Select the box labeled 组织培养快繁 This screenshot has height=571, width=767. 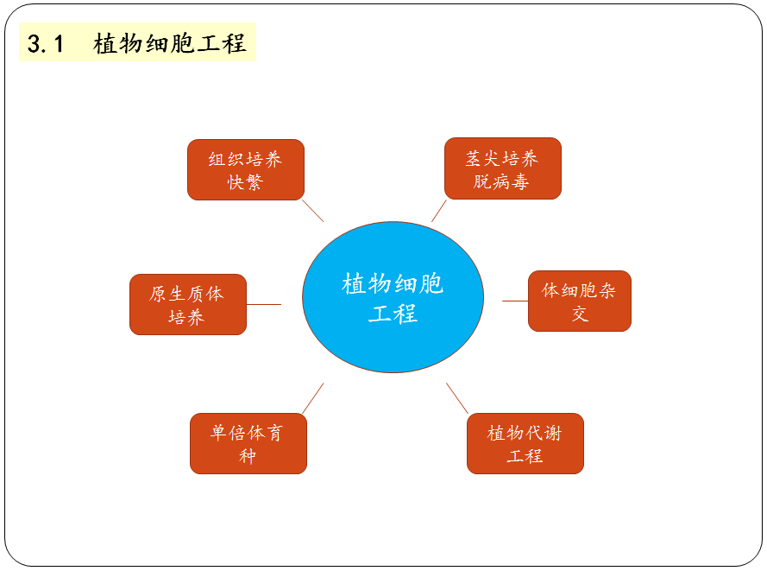pos(246,170)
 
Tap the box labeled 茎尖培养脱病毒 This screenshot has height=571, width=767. pos(502,168)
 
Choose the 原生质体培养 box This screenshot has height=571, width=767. pos(187,304)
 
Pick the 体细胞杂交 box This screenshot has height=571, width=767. pos(579,301)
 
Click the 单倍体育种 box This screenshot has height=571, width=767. pos(248,443)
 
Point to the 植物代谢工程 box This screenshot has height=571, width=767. pos(525,443)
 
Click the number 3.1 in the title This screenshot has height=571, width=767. pos(46,44)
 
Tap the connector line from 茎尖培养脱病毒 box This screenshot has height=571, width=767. pos(439,211)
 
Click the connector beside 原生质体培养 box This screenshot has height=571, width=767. pos(264,304)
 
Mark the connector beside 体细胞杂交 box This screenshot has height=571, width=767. pos(515,301)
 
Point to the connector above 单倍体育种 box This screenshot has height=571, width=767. pos(313,398)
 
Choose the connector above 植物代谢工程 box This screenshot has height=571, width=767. pos(457,398)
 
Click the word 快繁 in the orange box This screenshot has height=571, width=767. pos(245,182)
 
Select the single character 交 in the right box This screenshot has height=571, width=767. pos(579,314)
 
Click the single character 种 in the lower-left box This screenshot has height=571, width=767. pos(248,456)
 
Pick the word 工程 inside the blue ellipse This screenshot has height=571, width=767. pos(393,313)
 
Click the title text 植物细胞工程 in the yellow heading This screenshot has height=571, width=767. pos(170,44)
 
